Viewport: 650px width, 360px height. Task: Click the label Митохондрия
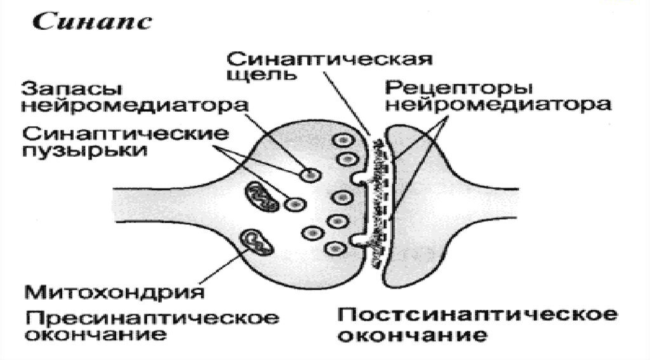pyautogui.click(x=115, y=292)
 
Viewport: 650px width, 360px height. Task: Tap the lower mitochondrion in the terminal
pyautogui.click(x=256, y=241)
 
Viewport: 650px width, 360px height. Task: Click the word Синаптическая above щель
pyautogui.click(x=330, y=60)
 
